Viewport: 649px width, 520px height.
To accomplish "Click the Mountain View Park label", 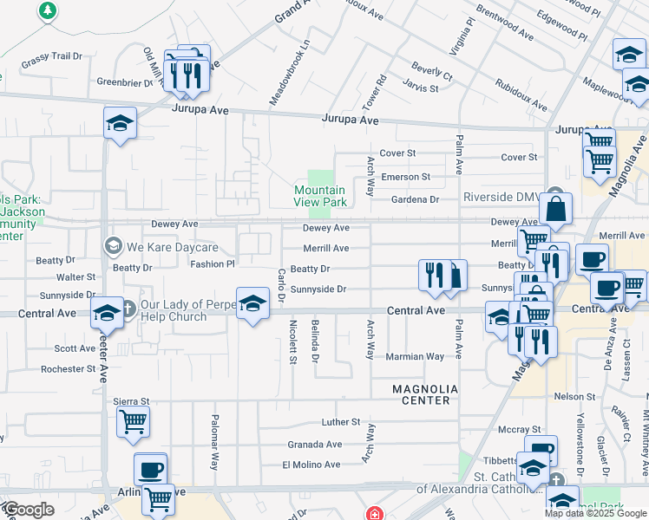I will click(320, 196).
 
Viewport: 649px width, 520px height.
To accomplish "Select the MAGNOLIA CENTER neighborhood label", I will click(421, 394).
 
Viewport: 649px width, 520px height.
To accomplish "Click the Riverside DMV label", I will click(501, 197).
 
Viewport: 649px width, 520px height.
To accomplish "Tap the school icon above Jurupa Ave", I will click(120, 124).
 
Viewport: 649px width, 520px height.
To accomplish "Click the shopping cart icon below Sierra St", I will click(133, 422).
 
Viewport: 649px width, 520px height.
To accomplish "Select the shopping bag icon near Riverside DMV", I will click(555, 210).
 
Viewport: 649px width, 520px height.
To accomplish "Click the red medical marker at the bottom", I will click(374, 514).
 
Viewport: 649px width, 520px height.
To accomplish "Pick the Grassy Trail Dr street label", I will click(51, 56).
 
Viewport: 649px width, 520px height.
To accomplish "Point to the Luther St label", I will click(340, 422).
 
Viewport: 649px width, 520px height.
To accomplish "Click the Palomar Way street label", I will click(213, 441).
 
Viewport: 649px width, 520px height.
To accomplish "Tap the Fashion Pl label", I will click(213, 264).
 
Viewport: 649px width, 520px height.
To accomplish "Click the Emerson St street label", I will click(407, 177).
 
